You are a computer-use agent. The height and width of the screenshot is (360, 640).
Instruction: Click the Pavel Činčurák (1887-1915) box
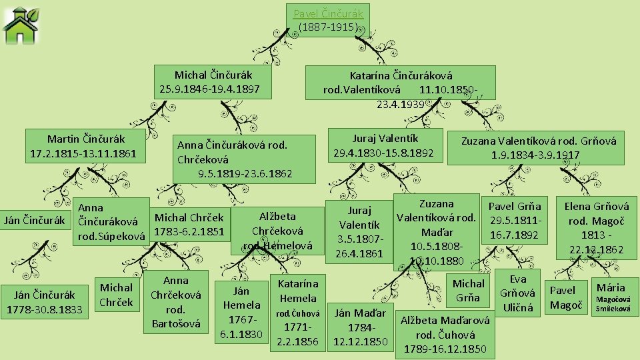[330, 20]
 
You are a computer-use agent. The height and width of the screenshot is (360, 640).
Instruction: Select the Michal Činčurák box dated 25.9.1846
[213, 82]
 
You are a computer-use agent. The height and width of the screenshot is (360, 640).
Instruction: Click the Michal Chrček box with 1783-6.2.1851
[189, 225]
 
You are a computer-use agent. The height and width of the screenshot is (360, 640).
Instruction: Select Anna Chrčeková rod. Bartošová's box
[176, 302]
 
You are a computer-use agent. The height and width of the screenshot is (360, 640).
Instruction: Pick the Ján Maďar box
[361, 327]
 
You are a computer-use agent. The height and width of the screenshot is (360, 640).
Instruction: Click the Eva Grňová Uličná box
[518, 293]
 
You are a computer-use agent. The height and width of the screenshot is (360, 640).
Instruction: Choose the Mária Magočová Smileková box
[611, 297]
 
